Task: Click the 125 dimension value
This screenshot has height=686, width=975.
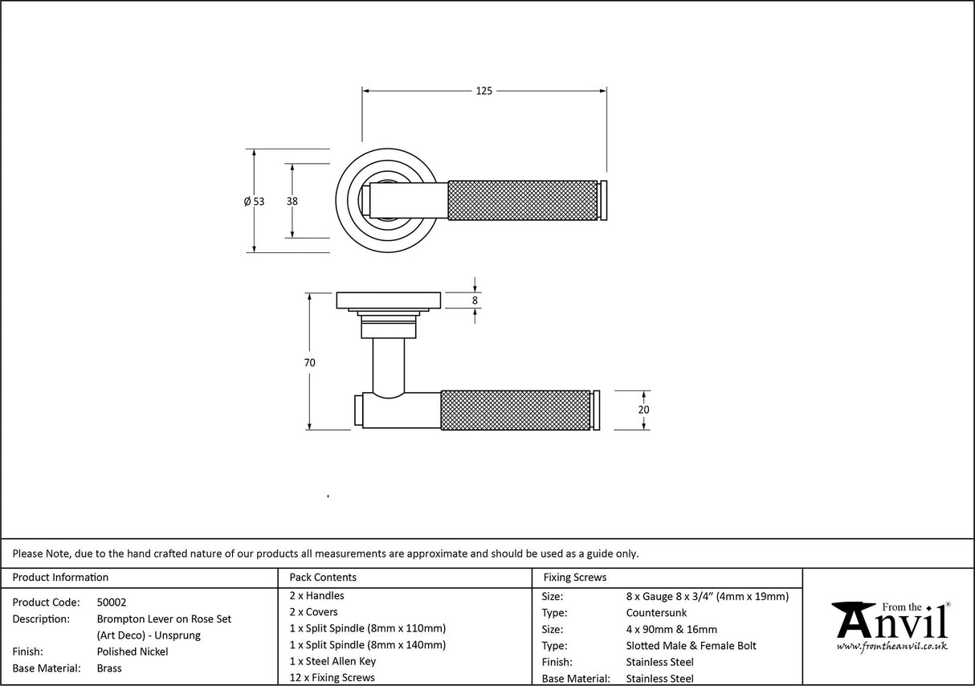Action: point(483,91)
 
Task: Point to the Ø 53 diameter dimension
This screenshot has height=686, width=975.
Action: point(255,202)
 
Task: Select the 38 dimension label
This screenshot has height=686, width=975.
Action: point(292,201)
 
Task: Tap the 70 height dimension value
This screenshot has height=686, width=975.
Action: point(309,362)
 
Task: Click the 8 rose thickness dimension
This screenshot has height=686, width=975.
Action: point(475,300)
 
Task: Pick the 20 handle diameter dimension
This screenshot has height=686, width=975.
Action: point(643,410)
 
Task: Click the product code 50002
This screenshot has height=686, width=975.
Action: point(112,602)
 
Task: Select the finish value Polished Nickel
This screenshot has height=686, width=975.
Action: point(133,651)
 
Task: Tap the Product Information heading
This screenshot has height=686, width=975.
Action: point(60,578)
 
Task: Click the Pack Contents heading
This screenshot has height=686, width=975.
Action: point(323,578)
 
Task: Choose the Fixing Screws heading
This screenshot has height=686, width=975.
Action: point(574,578)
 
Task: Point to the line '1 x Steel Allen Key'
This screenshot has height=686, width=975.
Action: point(332,661)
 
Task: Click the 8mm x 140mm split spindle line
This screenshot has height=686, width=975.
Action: point(368,645)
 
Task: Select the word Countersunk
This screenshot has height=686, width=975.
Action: point(656,613)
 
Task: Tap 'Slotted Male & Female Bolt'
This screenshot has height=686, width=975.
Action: point(691,646)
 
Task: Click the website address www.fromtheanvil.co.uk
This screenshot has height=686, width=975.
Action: point(891,647)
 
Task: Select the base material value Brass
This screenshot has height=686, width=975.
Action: point(109,668)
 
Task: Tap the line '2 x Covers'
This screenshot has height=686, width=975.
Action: point(313,612)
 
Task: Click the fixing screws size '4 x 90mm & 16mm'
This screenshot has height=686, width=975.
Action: point(671,630)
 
